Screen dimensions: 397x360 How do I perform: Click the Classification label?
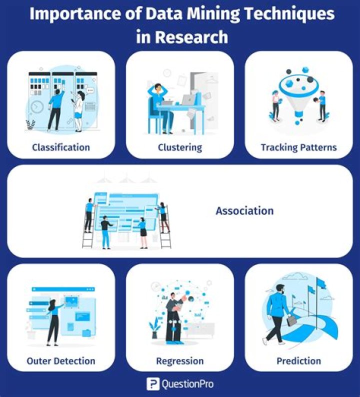pos(61,147)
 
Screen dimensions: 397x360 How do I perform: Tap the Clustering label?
pos(180,147)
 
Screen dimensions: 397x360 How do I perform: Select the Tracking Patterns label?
pos(298,147)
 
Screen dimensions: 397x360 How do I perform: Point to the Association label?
pos(244,210)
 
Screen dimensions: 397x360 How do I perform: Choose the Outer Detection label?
pos(61,360)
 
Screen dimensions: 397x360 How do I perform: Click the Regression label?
pos(180,360)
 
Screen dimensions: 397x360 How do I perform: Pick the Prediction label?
pos(298,360)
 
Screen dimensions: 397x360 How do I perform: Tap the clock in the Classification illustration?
pos(36,107)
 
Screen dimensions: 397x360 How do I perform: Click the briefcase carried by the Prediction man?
pos(291,320)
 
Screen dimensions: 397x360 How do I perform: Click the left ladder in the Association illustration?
pos(88,225)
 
